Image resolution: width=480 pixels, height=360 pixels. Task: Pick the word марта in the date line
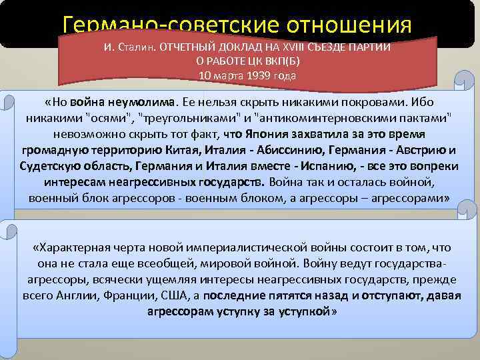226,75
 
